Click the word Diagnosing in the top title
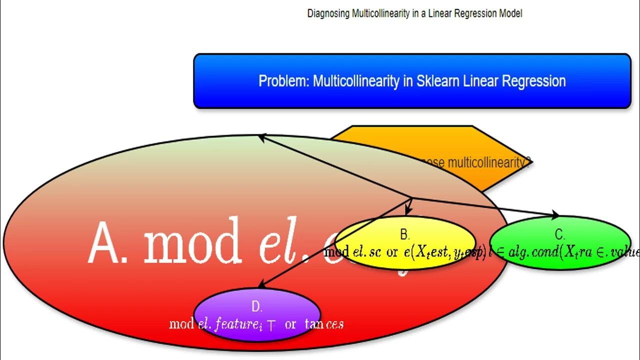pos(328,13)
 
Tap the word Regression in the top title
pos(475,13)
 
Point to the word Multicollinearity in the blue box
pos(356,81)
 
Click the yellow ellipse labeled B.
pos(405,260)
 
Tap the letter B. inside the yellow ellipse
pos(405,234)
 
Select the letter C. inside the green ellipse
pos(560,234)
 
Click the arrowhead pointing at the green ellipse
pos(555,215)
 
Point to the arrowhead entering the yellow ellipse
pos(409,212)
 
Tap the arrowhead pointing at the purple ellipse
pos(261,285)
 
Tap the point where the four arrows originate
pos(411,198)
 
